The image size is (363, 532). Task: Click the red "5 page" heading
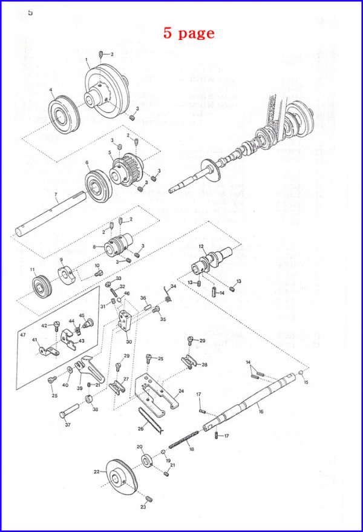188,33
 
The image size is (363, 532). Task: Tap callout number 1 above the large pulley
87,60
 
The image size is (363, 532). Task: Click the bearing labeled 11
42,285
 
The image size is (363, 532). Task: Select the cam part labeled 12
209,262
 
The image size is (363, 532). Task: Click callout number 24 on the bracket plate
180,392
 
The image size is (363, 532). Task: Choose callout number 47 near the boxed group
23,335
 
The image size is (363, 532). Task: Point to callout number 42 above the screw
44,326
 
